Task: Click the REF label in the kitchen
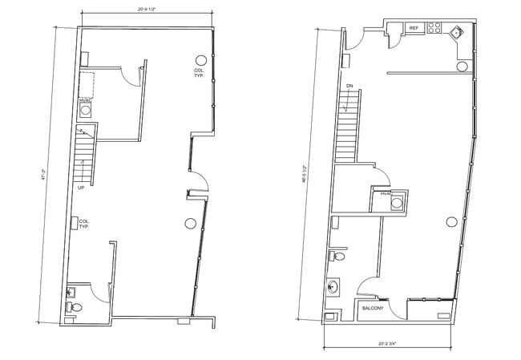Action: point(414,28)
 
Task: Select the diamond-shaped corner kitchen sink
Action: point(458,32)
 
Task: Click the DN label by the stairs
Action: point(350,85)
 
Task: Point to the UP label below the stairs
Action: point(82,189)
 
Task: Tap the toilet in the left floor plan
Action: point(75,306)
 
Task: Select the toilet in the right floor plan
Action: point(339,257)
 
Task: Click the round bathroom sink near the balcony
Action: point(333,286)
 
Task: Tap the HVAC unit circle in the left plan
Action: point(85,110)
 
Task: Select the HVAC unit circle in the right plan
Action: point(395,204)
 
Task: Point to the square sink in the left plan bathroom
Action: point(71,291)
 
